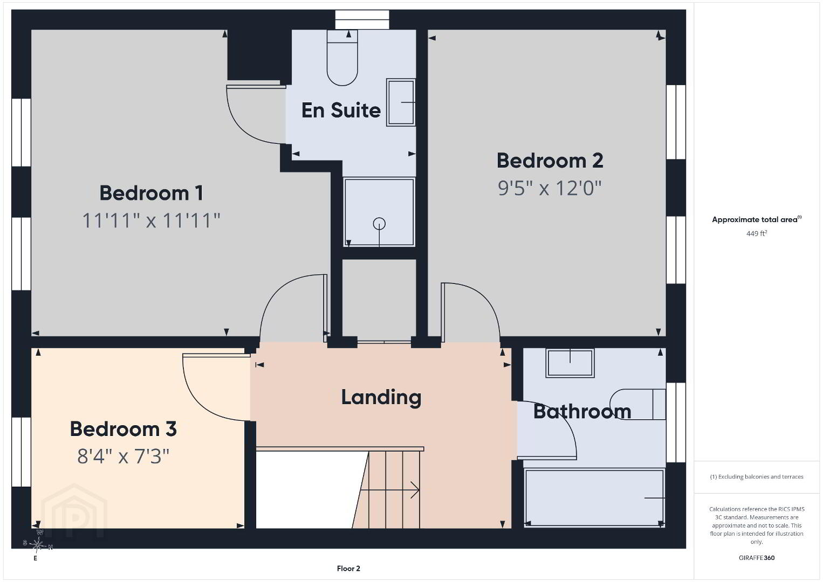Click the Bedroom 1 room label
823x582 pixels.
[152, 193]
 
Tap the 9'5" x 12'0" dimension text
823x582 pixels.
[550, 188]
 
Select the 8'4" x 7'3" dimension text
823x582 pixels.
[123, 457]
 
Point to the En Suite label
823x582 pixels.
[341, 110]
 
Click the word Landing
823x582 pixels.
[381, 398]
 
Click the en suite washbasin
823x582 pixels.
[401, 102]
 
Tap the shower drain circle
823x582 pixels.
[379, 224]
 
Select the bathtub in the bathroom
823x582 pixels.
[594, 498]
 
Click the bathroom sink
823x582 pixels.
[570, 363]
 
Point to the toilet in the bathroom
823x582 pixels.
[638, 404]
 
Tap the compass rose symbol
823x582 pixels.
[37, 545]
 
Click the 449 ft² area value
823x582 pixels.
[757, 233]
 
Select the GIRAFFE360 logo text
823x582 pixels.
[757, 558]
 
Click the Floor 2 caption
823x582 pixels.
[348, 569]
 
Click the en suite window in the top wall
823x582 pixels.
[362, 19]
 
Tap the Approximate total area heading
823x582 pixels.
[757, 219]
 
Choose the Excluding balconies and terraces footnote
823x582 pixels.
[757, 476]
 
